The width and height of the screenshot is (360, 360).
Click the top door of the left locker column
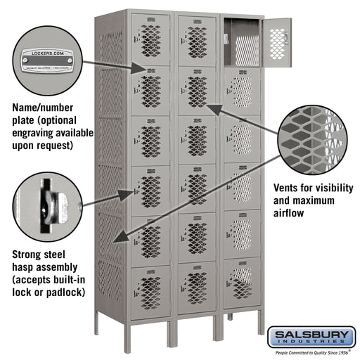(x=150, y=39)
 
